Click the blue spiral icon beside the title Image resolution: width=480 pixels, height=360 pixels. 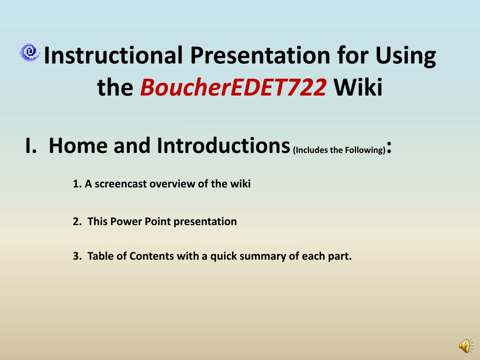[30, 52]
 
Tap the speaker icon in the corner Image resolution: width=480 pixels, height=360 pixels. [465, 345]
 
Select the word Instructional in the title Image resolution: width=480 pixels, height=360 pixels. [113, 55]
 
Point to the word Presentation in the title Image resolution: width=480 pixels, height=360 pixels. [260, 55]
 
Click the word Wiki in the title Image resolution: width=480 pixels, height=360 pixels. [358, 87]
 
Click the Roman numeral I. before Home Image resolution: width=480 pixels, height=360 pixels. [31, 146]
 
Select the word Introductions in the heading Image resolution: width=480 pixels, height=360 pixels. [223, 145]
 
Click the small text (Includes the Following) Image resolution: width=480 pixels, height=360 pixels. [339, 150]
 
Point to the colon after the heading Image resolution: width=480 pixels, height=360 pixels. [389, 148]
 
